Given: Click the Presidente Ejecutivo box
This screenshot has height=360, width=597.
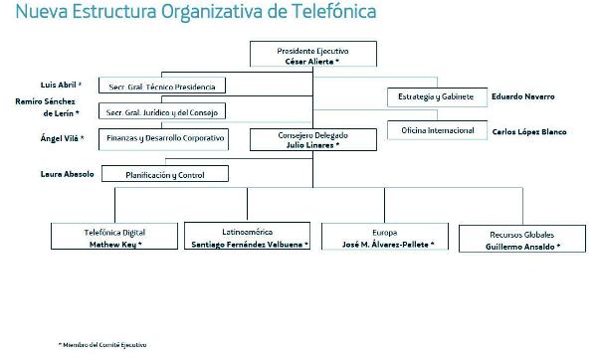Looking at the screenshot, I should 311,55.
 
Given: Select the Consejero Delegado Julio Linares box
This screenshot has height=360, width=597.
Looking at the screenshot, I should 311,140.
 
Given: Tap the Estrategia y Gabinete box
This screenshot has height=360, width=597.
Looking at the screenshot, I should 436,96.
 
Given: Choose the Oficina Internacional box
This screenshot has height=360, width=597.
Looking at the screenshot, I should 436,130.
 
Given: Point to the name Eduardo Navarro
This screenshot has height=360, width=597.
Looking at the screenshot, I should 522,96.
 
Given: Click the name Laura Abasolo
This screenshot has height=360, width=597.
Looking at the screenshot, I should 66,174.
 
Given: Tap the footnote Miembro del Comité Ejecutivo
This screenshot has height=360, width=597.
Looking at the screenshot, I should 103,344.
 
